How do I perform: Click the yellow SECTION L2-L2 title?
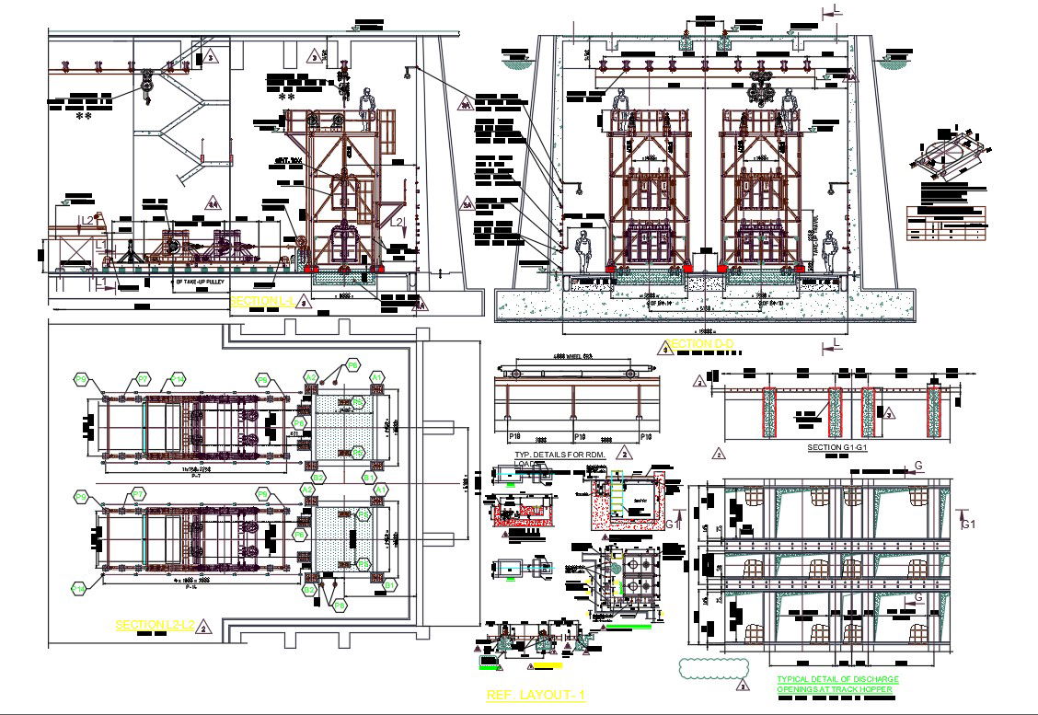point(155,625)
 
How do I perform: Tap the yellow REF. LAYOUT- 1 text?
point(536,696)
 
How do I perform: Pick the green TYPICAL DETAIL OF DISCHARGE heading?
point(837,679)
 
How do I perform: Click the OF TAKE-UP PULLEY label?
point(206,282)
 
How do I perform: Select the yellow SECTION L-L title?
point(260,301)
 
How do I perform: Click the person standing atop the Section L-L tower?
point(369,108)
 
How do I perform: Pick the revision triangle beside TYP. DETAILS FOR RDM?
point(625,453)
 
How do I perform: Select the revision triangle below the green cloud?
point(741,686)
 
